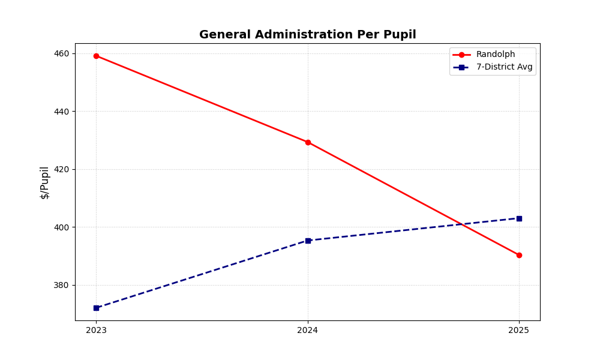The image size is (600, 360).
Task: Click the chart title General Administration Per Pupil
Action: coord(307,35)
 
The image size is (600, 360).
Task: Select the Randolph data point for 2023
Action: coord(96,56)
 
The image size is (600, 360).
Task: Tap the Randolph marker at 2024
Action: coord(308,142)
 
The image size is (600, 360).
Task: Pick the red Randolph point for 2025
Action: coord(519,255)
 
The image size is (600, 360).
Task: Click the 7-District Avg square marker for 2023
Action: coord(96,308)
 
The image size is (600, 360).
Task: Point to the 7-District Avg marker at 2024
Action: coord(308,241)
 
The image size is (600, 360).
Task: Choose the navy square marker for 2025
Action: coord(519,218)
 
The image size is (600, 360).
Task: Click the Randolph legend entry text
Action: coord(495,55)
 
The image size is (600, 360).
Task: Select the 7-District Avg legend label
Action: coord(504,67)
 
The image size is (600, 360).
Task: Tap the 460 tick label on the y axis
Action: coord(62,53)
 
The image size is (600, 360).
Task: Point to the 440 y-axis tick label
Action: coord(62,112)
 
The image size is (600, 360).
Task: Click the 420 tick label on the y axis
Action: coord(62,169)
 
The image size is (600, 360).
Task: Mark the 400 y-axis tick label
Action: coord(62,227)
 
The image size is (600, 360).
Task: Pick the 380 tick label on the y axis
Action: coord(62,286)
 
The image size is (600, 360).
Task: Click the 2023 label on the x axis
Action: coord(96,330)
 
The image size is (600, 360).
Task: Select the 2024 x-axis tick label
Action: coord(308,330)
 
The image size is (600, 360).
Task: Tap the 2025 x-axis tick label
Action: coord(519,330)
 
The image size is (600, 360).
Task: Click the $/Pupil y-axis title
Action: coord(45,182)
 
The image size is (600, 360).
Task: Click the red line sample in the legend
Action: coord(461,55)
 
